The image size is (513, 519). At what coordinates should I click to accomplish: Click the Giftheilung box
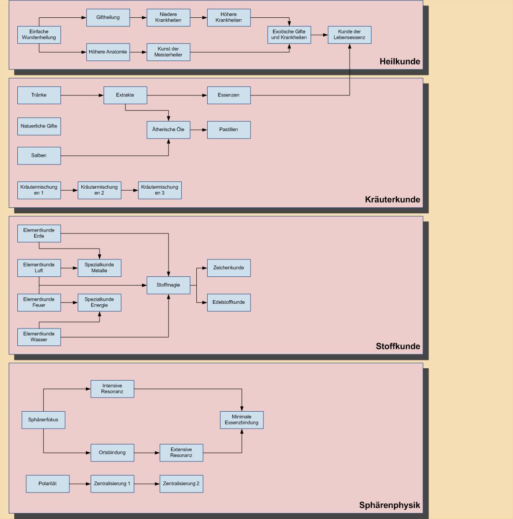[108, 17]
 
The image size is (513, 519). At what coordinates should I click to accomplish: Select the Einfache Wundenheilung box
[39, 35]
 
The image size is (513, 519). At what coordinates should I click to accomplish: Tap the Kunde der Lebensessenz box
[349, 35]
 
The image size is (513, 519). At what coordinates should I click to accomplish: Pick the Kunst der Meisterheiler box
[168, 52]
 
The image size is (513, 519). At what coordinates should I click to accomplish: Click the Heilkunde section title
[399, 62]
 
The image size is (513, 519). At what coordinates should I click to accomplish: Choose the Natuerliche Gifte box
[39, 126]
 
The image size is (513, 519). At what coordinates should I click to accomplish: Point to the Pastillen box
[229, 130]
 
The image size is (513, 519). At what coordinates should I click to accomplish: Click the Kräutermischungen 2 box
[99, 190]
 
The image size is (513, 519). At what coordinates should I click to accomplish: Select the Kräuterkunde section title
[392, 200]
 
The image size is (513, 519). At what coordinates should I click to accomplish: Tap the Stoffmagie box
[168, 285]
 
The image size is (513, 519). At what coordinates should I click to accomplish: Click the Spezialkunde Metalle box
[99, 268]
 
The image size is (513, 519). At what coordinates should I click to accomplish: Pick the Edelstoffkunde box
[229, 302]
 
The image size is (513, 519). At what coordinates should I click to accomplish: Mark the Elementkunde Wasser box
[39, 337]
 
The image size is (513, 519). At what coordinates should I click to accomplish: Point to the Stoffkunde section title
[398, 346]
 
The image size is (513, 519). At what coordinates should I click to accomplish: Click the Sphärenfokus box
[43, 420]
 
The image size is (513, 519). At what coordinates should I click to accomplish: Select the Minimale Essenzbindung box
[241, 420]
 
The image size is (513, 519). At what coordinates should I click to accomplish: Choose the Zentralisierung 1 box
[112, 484]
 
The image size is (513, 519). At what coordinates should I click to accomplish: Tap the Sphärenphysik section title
[389, 505]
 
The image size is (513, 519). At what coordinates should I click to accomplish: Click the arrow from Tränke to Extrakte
[82, 95]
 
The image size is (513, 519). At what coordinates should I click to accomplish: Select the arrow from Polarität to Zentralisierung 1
[80, 484]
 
